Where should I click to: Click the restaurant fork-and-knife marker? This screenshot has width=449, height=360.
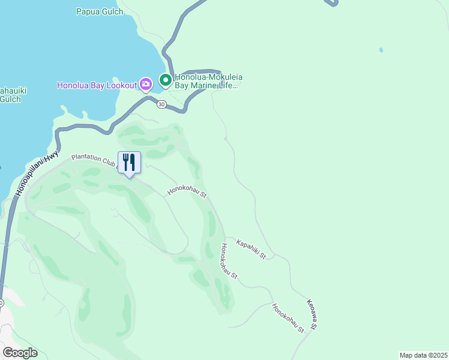pos(129,163)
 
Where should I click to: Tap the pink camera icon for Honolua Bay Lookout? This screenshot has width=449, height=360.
pos(145,84)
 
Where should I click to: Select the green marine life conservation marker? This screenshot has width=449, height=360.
pos(165,79)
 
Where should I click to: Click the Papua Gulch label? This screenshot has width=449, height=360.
pos(100,11)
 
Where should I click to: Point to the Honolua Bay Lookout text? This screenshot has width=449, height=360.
pos(97,85)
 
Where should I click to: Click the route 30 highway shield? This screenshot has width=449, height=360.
pos(161,104)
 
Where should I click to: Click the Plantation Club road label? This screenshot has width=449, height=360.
pos(94,160)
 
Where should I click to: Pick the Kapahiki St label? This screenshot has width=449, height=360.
pos(251,248)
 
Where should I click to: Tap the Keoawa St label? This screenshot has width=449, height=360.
pos(312,314)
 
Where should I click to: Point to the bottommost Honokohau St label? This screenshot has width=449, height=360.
pos(288,318)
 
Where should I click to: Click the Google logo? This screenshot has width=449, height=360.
pos(20,353)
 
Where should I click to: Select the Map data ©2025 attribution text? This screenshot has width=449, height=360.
pos(423,355)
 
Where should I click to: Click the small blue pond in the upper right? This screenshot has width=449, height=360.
pos(381,50)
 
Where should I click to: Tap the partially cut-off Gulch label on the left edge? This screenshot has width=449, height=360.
pos(10,95)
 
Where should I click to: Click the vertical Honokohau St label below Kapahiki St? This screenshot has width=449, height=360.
pos(229,262)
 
